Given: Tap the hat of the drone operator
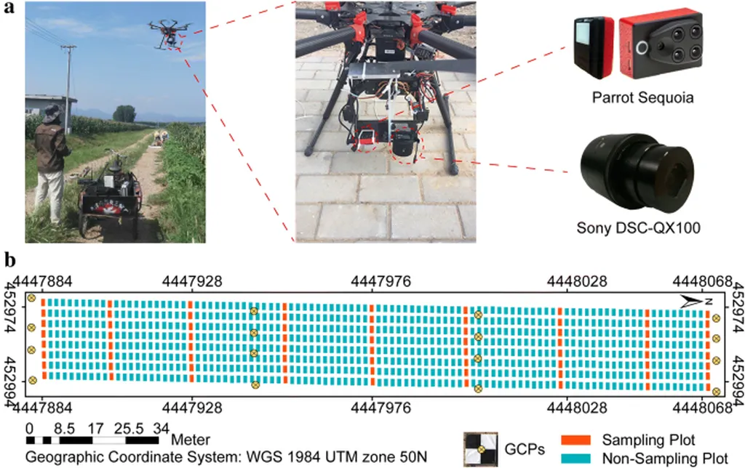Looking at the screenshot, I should click(51, 113).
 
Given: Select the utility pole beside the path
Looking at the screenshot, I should click(68, 87).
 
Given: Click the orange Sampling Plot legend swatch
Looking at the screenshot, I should click(578, 440).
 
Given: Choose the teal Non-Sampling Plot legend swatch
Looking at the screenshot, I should click(578, 458).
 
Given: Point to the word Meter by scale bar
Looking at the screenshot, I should click(191, 440).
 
